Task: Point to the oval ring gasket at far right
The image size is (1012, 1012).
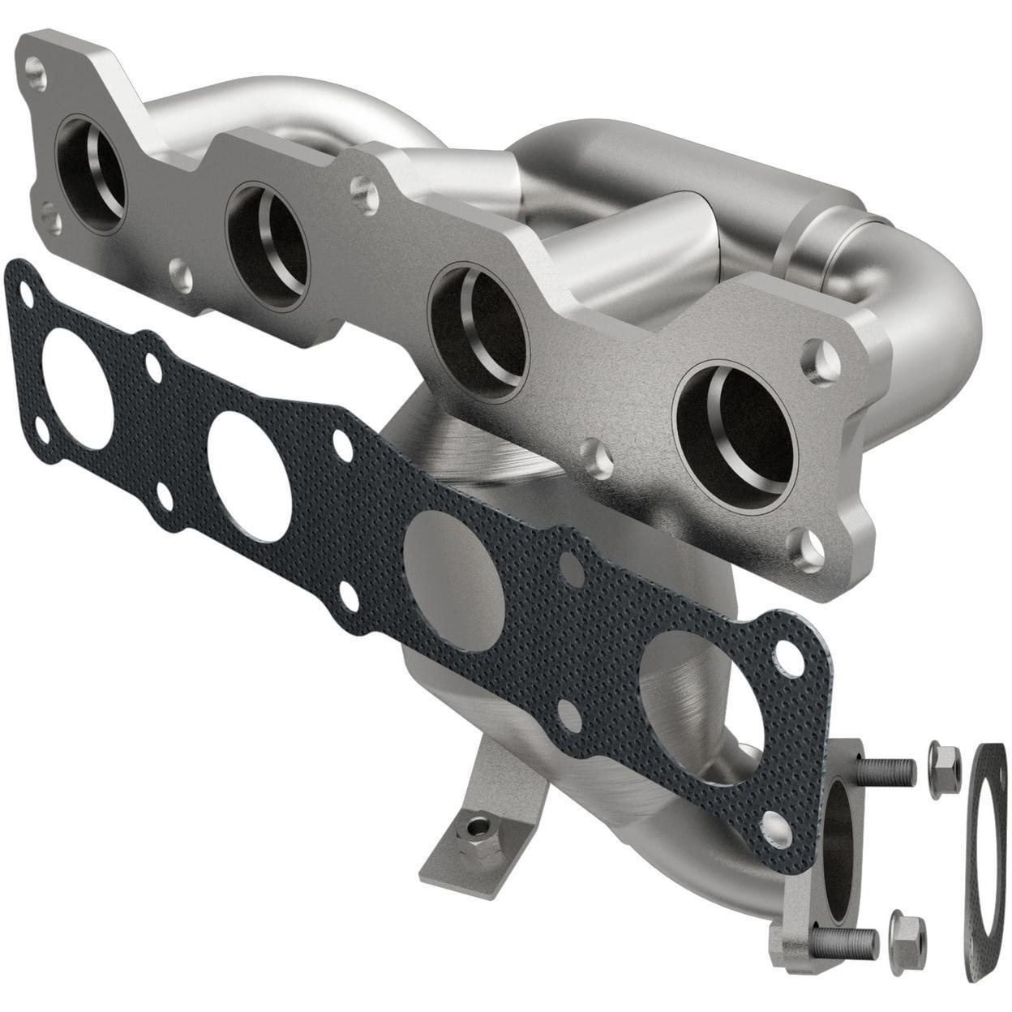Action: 984,864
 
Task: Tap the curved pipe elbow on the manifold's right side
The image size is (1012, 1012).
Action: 933,324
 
